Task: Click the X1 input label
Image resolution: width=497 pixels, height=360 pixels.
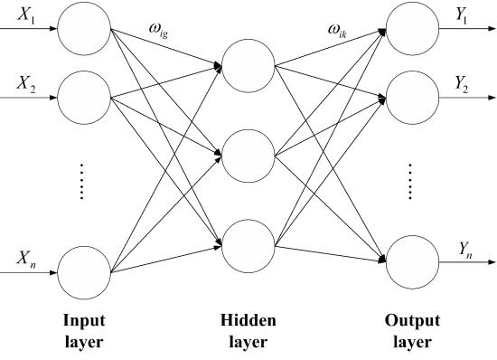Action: pos(24,16)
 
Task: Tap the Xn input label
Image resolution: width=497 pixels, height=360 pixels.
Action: pos(24,258)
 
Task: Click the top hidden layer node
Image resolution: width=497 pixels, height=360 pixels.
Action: pos(247,67)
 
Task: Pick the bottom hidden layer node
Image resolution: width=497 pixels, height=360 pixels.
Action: pos(247,242)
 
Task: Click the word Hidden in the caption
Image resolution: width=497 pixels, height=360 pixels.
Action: pos(248,321)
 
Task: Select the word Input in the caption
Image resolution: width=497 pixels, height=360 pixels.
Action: pos(83,321)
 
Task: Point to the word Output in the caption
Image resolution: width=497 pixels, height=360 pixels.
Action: pos(412,321)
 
